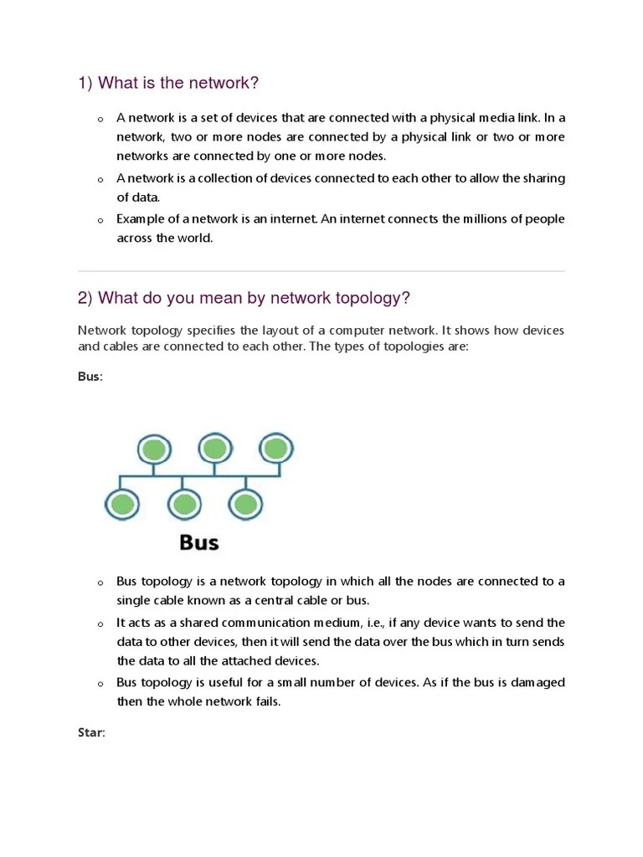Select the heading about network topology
pyautogui.click(x=244, y=299)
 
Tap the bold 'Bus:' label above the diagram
pyautogui.click(x=90, y=377)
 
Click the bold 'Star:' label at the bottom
pyautogui.click(x=91, y=733)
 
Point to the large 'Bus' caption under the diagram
pyautogui.click(x=198, y=542)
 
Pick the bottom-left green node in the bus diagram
pyautogui.click(x=121, y=504)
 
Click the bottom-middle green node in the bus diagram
pyautogui.click(x=184, y=504)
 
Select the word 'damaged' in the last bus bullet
pyautogui.click(x=538, y=682)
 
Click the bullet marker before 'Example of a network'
pyautogui.click(x=100, y=220)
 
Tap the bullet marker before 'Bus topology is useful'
pyautogui.click(x=100, y=684)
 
